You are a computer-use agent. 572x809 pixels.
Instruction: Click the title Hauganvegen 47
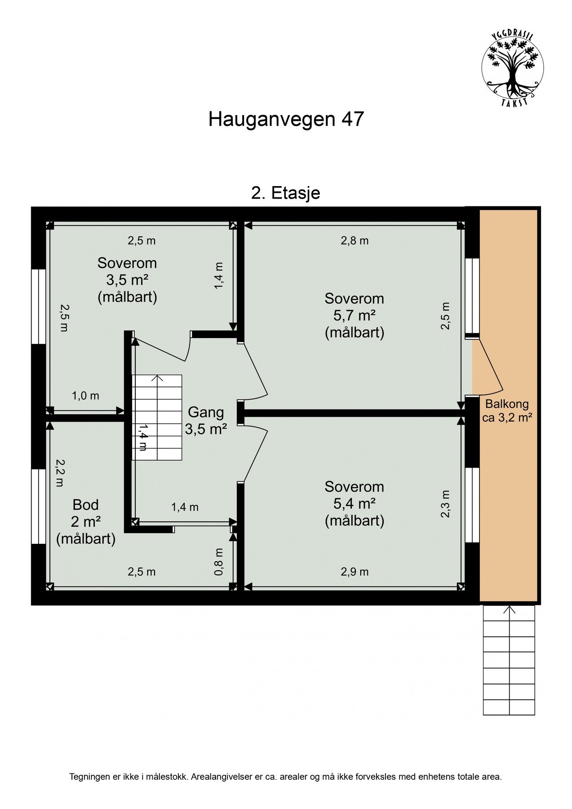286,120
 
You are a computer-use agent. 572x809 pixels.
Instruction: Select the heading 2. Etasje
286,193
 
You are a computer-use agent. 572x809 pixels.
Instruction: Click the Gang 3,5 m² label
205,420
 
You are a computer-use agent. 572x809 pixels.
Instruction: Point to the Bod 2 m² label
85,521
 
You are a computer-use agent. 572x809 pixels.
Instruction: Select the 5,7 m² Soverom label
354,316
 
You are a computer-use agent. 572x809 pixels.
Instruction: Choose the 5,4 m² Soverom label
354,504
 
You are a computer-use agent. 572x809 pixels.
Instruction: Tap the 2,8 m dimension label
355,241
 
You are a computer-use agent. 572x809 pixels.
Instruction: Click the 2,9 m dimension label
355,572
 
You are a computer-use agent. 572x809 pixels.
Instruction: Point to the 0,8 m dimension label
219,561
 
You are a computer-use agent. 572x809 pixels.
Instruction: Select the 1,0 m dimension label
85,396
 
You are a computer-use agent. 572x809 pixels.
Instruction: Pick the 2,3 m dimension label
445,503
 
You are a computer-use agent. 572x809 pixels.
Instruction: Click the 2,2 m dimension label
60,472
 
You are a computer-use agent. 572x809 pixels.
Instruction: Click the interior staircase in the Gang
157,418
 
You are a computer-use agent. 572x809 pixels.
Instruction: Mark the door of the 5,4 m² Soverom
255,455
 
